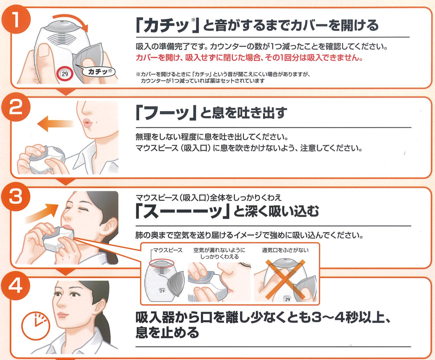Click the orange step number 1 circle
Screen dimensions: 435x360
coord(16,20)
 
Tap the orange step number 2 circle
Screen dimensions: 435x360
coord(16,107)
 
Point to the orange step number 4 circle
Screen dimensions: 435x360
coord(16,286)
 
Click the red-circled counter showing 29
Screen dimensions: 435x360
coord(65,74)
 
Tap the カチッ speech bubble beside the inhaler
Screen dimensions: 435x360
coord(97,72)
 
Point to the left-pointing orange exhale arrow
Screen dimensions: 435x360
coord(56,123)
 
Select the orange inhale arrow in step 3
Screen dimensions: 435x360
coord(42,212)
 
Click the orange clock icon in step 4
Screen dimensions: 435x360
coord(36,326)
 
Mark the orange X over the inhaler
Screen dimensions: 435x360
coord(285,280)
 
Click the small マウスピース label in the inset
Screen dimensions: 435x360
coord(168,250)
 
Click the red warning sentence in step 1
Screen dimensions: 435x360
coord(249,58)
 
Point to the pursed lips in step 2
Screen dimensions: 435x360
coord(87,122)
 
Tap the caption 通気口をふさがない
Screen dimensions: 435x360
coord(285,250)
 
